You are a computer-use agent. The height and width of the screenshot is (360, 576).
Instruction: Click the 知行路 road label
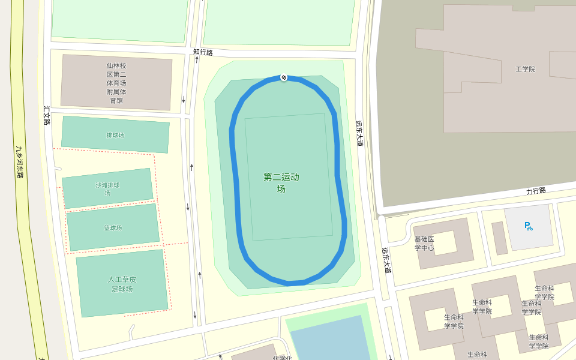coord(203,53)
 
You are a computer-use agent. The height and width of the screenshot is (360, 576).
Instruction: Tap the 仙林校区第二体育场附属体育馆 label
coord(116,83)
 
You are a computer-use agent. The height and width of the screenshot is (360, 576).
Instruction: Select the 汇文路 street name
coord(47,115)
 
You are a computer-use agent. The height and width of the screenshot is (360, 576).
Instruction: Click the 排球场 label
coord(115,135)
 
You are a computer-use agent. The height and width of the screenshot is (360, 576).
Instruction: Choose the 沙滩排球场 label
coord(107,188)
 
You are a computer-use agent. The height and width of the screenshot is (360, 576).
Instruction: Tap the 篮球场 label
coord(113,228)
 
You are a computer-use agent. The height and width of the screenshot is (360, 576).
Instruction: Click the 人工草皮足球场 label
coord(122,284)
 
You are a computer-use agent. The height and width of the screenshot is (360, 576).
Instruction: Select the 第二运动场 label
coord(281,182)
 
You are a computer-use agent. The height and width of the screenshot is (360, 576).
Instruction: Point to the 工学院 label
coord(525,69)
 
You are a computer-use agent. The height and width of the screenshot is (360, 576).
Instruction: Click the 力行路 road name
coord(536,191)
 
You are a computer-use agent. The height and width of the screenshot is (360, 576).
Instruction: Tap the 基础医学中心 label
coord(424,244)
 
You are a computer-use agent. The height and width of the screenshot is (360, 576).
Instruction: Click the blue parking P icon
coord(528,226)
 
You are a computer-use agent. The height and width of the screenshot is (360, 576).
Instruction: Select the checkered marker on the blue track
coord(284,77)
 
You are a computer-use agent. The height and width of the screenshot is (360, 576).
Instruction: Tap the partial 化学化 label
coord(282,358)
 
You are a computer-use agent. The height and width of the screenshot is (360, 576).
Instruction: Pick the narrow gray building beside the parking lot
coord(499,238)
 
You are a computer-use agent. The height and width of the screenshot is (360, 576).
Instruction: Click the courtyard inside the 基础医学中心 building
coord(445,242)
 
